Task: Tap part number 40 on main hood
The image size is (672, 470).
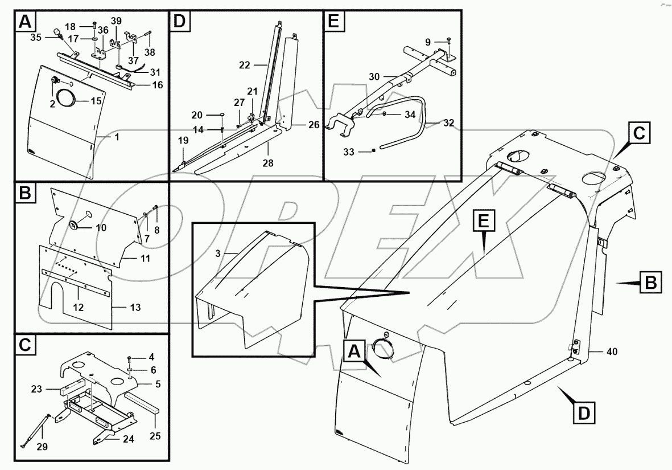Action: tap(612, 352)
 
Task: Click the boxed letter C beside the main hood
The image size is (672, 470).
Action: tap(639, 134)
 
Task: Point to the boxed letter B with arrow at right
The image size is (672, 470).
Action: tap(650, 283)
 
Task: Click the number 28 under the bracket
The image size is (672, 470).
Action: tap(268, 162)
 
